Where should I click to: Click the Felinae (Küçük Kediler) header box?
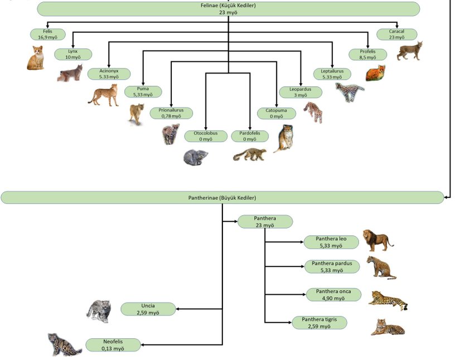[228, 8]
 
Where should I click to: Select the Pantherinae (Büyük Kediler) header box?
[222, 197]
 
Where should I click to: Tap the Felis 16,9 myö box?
[47, 34]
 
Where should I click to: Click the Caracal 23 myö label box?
[397, 34]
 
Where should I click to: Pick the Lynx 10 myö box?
[73, 54]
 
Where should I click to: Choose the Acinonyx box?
[109, 74]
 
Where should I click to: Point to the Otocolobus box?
[206, 136]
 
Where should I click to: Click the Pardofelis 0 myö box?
[250, 136]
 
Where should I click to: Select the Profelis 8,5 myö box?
[367, 54]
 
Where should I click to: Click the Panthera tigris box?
[319, 322]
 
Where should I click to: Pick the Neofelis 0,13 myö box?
[113, 345]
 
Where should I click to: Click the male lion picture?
[377, 240]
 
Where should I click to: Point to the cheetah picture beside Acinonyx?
[104, 95]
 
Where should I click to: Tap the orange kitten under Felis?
[36, 58]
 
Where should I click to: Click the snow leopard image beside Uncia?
[99, 311]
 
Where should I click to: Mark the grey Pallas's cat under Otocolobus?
[196, 157]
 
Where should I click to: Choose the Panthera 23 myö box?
[265, 221]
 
